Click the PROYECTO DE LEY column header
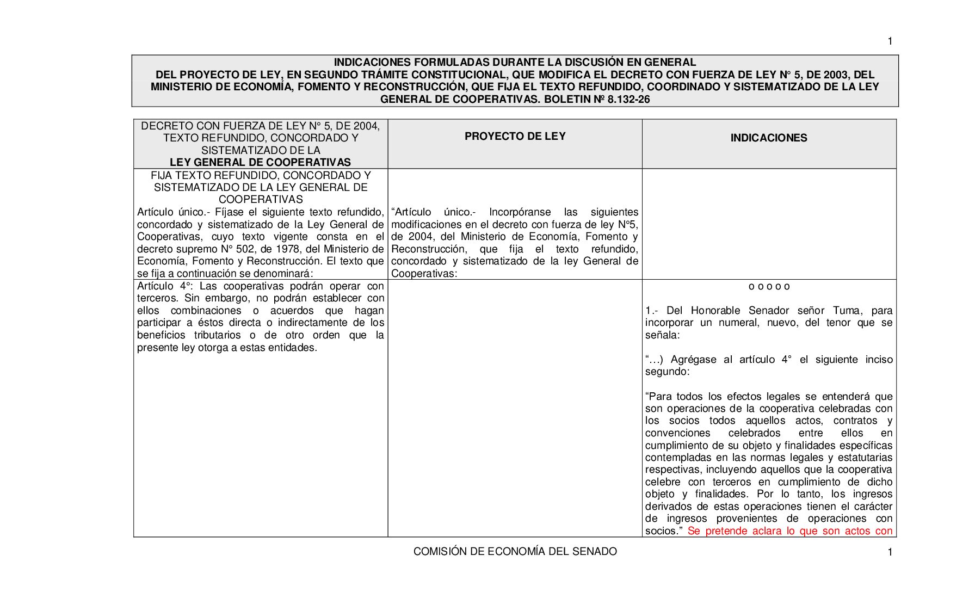tap(515, 137)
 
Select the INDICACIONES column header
tap(768, 138)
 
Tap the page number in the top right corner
tap(890, 41)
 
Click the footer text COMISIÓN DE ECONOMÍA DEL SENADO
tap(515, 552)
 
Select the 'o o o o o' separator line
tap(769, 287)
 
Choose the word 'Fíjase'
tap(232, 212)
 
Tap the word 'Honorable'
tap(715, 311)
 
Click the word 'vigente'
tap(299, 237)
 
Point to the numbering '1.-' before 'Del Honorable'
tap(652, 311)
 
